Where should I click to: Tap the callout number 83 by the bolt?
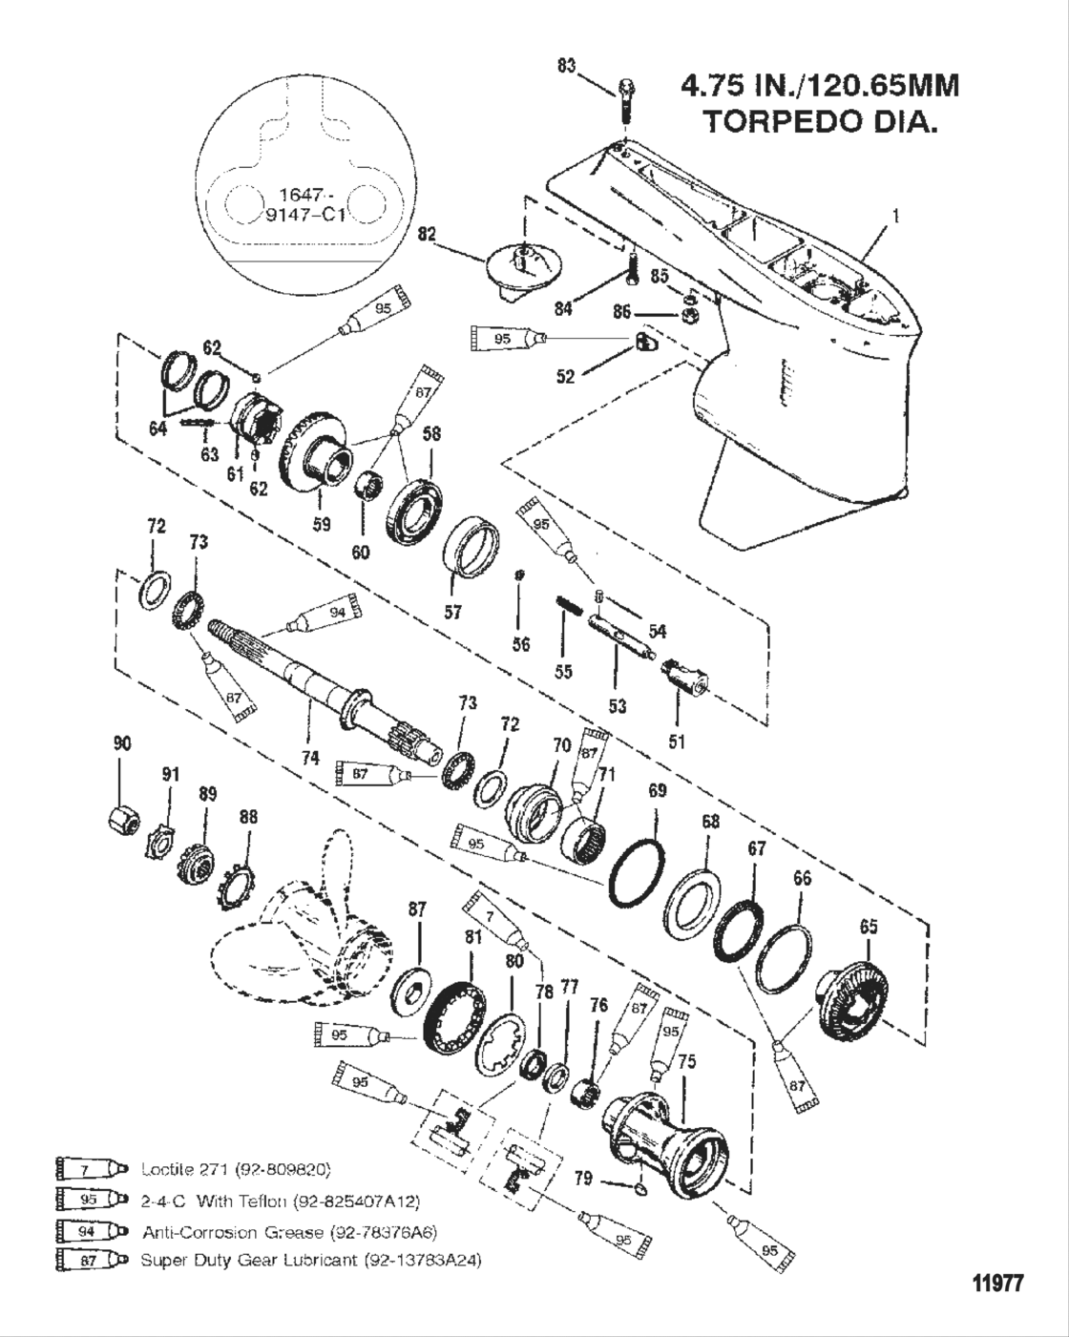coord(567,66)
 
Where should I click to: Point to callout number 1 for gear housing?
coord(894,217)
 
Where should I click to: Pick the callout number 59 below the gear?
coord(322,524)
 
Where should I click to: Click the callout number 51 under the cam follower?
coord(677,741)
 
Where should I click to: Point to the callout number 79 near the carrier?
coord(582,1180)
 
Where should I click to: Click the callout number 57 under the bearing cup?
coord(453,611)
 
